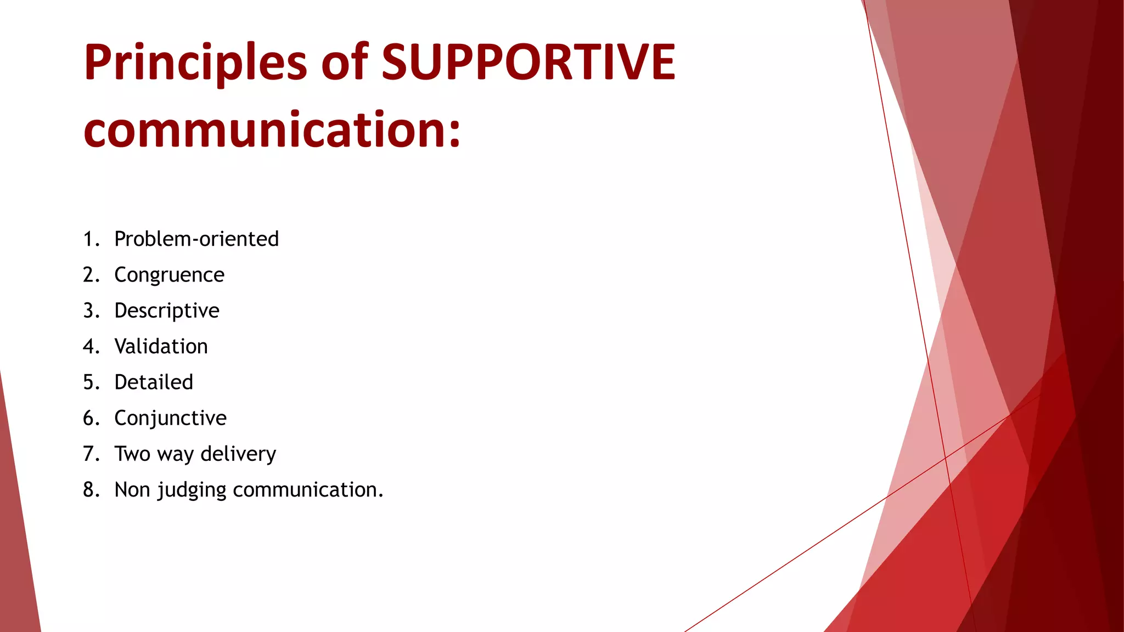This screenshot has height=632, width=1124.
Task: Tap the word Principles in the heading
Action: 195,63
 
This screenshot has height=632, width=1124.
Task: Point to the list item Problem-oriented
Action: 196,239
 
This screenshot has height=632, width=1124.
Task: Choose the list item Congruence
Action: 169,275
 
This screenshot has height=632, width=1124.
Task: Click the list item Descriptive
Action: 167,311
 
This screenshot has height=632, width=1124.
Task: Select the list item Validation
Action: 161,347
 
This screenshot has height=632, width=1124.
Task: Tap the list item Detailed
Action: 154,382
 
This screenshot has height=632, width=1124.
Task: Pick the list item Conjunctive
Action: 170,419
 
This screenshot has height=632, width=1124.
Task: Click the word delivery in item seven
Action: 238,454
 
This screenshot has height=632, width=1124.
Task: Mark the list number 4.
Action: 91,347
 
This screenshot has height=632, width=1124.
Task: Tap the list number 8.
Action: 91,490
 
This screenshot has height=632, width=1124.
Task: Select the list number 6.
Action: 91,419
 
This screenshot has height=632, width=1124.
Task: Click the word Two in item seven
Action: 132,454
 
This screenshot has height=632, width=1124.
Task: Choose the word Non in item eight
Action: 132,490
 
